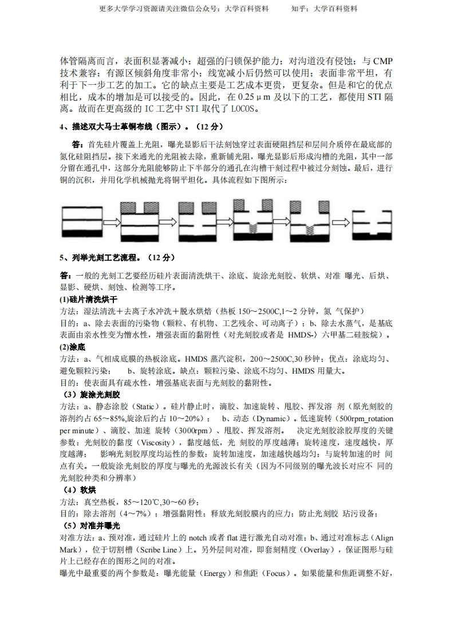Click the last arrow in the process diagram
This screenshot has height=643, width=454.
tap(341, 222)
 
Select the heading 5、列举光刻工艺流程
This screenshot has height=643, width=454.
tap(118, 258)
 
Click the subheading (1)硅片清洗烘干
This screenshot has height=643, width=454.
tap(89, 300)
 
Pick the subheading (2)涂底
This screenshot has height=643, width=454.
tap(73, 347)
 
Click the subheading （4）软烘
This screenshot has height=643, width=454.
tap(80, 490)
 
